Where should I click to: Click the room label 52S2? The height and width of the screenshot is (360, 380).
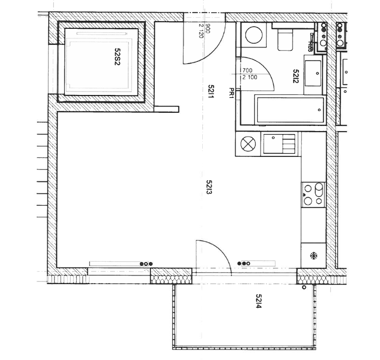click(117, 56)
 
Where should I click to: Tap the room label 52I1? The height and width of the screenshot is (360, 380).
click(211, 91)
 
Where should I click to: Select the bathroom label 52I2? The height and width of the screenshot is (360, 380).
click(296, 76)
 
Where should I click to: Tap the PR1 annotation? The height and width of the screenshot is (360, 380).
click(232, 94)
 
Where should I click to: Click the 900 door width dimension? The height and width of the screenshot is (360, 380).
click(208, 28)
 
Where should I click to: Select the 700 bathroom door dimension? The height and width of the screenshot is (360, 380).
click(247, 70)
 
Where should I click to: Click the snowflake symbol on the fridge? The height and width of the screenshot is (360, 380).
click(313, 256)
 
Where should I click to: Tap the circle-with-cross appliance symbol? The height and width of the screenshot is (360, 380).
click(248, 144)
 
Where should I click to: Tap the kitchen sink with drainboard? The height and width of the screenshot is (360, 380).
click(279, 144)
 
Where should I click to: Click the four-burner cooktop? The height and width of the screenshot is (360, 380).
click(313, 195)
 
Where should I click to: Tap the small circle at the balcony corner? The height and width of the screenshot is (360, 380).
click(304, 287)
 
